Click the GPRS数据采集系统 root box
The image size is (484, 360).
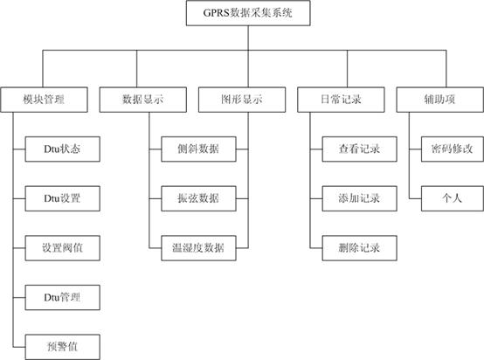(x=248, y=13)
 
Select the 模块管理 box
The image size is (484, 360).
(x=45, y=100)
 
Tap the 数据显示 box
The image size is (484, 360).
(x=143, y=100)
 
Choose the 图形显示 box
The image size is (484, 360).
(x=242, y=100)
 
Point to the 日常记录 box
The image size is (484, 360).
(x=341, y=100)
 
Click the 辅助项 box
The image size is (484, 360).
(x=439, y=100)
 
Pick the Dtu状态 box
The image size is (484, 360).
(x=63, y=149)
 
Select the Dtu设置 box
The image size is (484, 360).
(x=63, y=198)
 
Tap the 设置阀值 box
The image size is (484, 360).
(x=63, y=248)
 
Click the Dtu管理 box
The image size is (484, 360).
(x=63, y=297)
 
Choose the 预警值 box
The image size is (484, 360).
(x=63, y=347)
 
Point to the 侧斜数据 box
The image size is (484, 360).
(x=198, y=149)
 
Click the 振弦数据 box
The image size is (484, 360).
(x=198, y=198)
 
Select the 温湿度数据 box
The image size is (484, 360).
(x=198, y=248)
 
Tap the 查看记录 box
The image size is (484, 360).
(x=360, y=149)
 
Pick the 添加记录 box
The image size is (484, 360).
(x=360, y=198)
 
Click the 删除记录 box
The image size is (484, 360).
(x=360, y=248)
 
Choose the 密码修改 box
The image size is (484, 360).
(x=453, y=149)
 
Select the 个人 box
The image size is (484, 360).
(x=453, y=198)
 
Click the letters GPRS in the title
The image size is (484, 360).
(x=216, y=13)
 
